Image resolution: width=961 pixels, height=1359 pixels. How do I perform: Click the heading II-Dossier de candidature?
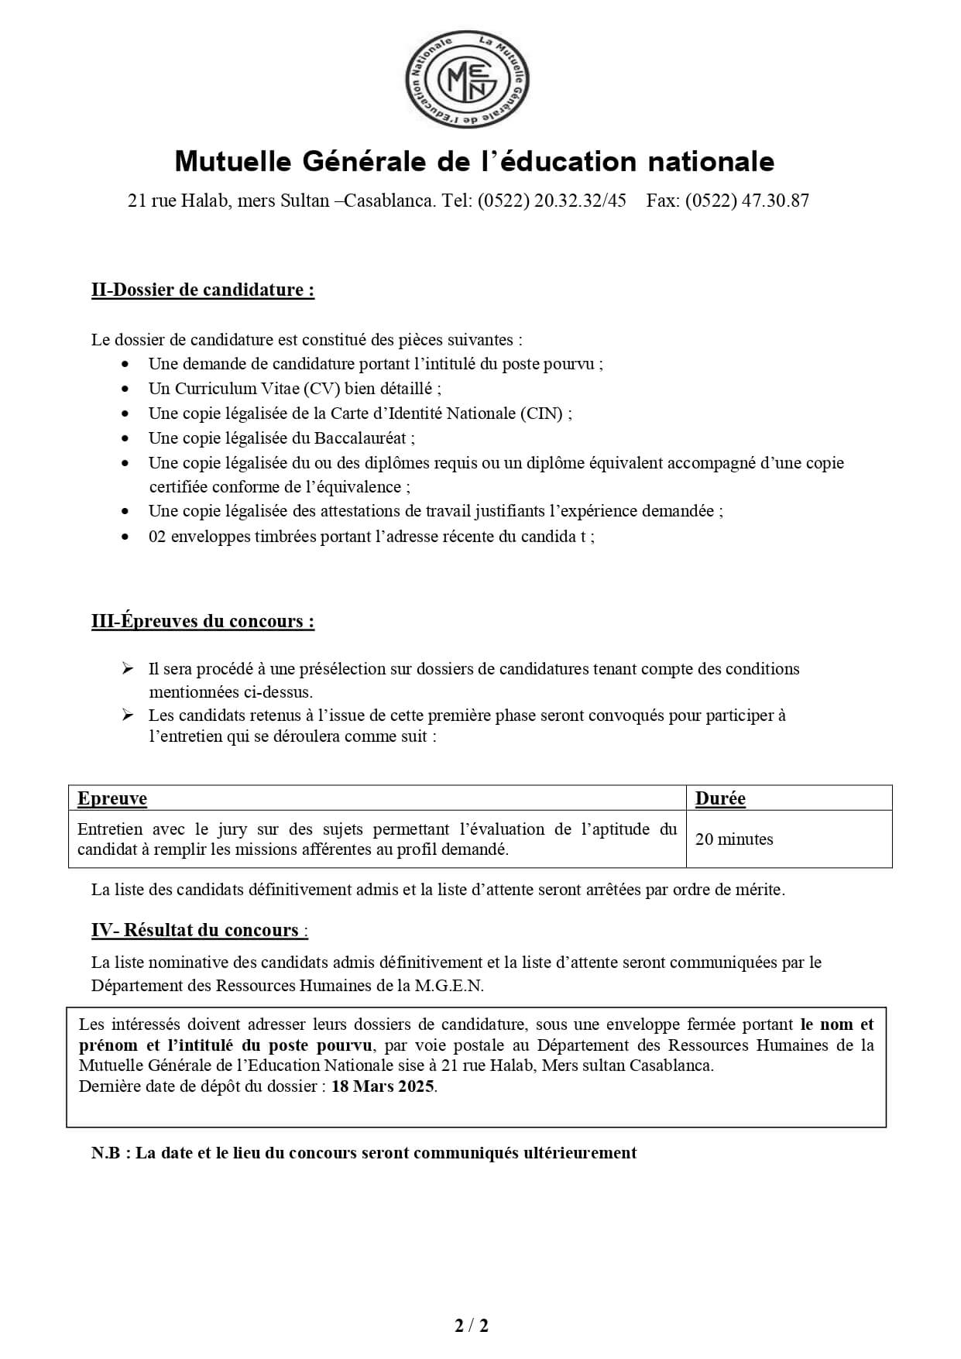pos(203,290)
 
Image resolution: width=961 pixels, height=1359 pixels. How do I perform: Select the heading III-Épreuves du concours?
pos(203,621)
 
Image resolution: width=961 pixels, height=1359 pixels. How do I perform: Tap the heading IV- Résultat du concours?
pos(198,930)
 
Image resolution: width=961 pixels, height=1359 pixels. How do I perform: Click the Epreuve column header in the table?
pos(112,798)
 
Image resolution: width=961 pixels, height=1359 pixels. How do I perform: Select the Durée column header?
pos(720,798)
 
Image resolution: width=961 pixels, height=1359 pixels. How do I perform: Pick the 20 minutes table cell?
pos(734,839)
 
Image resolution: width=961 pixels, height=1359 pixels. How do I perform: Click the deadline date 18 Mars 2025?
pos(383,1086)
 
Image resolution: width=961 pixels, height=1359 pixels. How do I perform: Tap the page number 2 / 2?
pos(472,1326)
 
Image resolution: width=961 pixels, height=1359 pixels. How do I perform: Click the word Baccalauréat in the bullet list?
pos(360,438)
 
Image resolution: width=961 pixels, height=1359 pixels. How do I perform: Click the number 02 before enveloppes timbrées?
pos(158,537)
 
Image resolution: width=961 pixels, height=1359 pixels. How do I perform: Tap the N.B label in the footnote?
pos(106,1152)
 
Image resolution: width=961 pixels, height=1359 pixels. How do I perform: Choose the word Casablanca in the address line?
pos(390,201)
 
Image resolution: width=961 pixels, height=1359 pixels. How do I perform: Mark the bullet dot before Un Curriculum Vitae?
pos(126,389)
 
